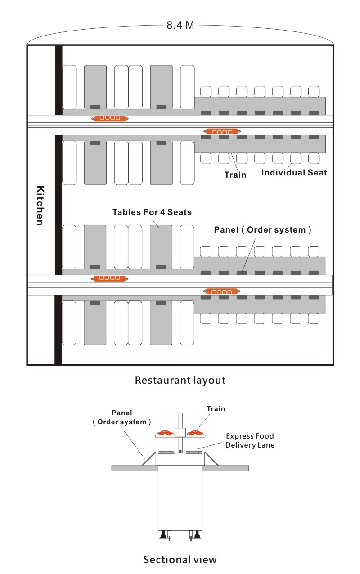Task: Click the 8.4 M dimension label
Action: coord(180,25)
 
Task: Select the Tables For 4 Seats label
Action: coord(152,212)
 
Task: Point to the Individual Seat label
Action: coord(294,172)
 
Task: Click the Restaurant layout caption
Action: coord(180,380)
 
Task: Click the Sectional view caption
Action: coord(180,560)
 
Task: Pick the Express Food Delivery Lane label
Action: coord(250,440)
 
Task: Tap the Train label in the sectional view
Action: coord(216,409)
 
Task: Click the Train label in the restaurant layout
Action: coord(235,175)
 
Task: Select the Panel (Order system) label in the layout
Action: coord(262,229)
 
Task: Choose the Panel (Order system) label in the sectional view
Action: coord(122,417)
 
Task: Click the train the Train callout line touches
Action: coord(222,131)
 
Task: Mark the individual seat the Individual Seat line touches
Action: coord(296,159)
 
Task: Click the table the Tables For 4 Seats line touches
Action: coord(161,247)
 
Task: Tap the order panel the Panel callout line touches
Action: coord(242,273)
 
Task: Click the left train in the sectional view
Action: coord(166,433)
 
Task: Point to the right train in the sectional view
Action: coord(196,433)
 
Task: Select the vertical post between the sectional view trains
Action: coord(180,433)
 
